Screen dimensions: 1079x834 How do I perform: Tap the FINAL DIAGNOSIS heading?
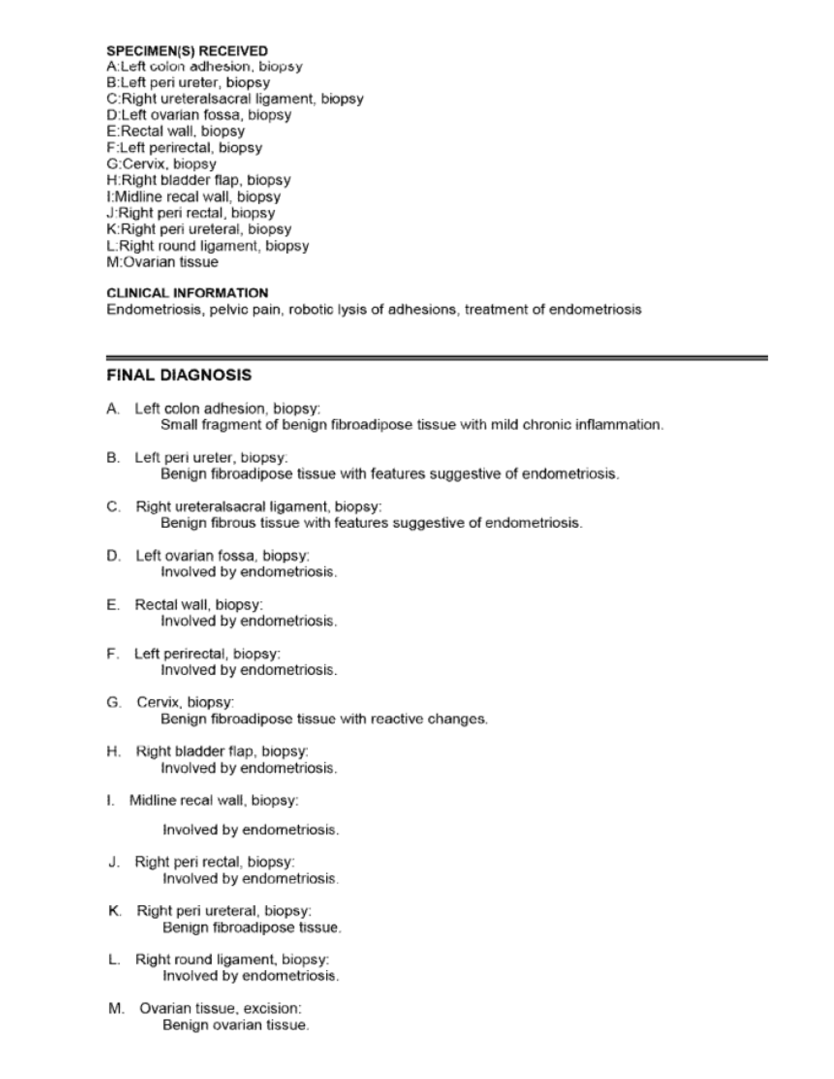pyautogui.click(x=179, y=375)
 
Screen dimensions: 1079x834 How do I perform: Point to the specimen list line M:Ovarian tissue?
pyautogui.click(x=162, y=262)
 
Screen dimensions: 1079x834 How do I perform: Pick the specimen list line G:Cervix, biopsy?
pyautogui.click(x=161, y=164)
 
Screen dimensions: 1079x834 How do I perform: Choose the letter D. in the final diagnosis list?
pyautogui.click(x=113, y=556)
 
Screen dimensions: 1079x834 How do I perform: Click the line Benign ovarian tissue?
pyautogui.click(x=236, y=1025)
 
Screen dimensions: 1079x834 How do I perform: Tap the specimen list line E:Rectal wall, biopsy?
pyautogui.click(x=175, y=131)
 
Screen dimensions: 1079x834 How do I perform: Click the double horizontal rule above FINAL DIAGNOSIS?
pyautogui.click(x=437, y=358)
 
